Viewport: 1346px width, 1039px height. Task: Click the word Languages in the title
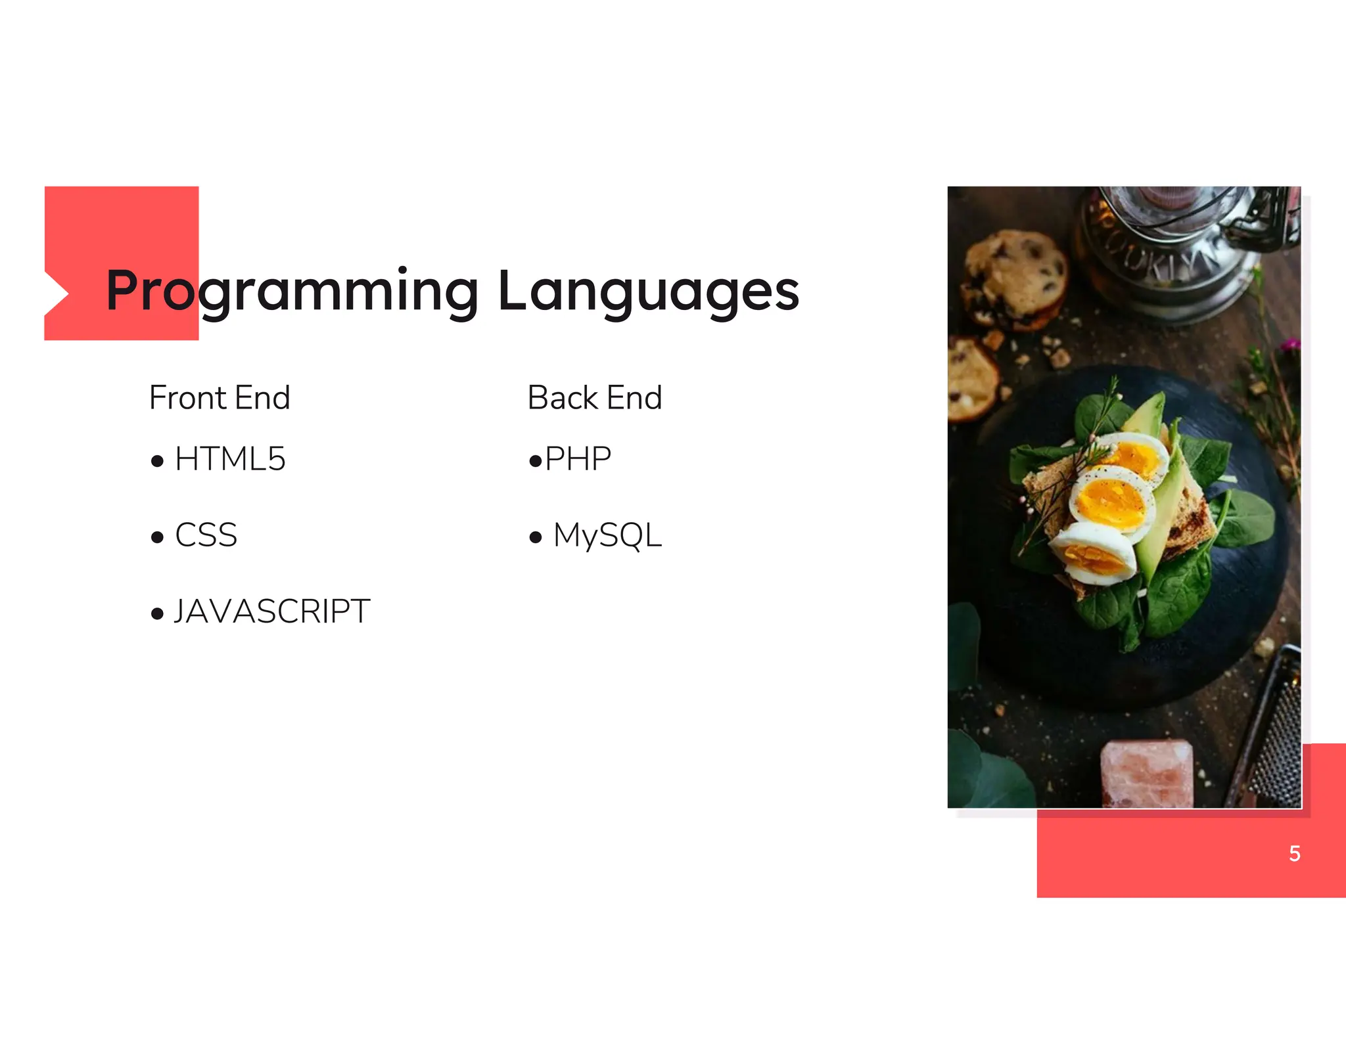[x=648, y=291]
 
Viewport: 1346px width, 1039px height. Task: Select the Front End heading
[x=220, y=398]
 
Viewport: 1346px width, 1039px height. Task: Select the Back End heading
[x=595, y=398]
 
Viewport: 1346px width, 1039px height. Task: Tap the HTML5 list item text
[x=230, y=459]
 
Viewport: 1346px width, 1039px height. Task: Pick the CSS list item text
[x=206, y=535]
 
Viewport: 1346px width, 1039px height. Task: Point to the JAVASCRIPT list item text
[x=272, y=611]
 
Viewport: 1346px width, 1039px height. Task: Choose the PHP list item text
[x=578, y=459]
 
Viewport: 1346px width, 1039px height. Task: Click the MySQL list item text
[x=607, y=535]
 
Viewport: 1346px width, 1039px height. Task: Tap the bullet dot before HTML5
[x=157, y=461]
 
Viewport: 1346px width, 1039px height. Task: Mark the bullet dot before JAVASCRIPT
[x=157, y=614]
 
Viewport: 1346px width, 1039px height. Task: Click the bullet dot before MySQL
[x=536, y=538]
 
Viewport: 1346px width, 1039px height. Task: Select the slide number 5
[x=1294, y=853]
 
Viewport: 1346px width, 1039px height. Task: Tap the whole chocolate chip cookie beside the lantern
[x=1013, y=279]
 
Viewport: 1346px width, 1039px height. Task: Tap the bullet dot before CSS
[x=157, y=538]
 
